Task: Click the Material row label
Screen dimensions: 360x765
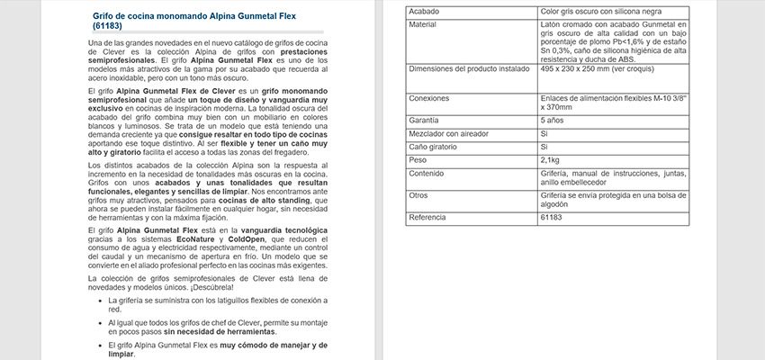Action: coord(423,24)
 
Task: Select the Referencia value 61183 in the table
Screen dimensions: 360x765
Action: coord(552,217)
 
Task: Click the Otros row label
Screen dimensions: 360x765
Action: coord(418,194)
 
